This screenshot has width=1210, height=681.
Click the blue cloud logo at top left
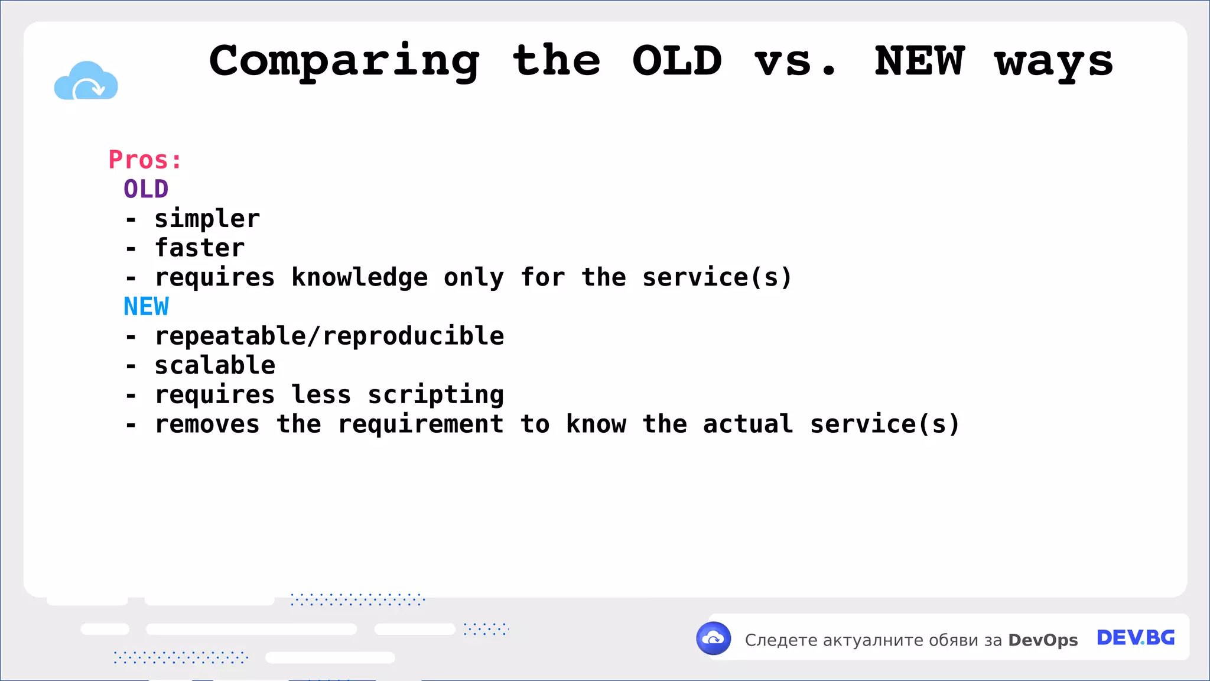[86, 81]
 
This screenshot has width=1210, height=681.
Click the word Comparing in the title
[344, 61]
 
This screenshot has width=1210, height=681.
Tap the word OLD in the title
[677, 61]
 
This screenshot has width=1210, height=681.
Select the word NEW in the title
[919, 61]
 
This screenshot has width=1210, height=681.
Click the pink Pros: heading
[145, 160]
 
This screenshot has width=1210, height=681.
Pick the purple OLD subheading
[146, 189]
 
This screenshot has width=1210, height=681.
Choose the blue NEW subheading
[146, 307]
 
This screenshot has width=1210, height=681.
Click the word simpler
[207, 219]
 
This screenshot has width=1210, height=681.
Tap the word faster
[199, 248]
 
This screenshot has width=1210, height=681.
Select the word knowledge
[359, 277]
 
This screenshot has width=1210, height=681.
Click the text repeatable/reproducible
[329, 336]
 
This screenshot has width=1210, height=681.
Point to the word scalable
[214, 365]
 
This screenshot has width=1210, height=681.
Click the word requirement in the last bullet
[420, 424]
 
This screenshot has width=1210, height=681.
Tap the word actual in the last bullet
[747, 424]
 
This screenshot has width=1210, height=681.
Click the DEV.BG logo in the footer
[1135, 638]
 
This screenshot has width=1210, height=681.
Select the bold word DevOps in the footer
[1043, 640]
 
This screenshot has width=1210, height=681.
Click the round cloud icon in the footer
[714, 638]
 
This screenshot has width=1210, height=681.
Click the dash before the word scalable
[131, 367]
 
